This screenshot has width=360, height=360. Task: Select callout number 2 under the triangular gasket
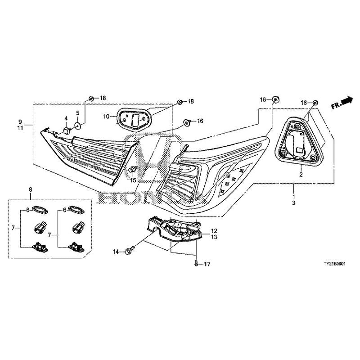[301, 174]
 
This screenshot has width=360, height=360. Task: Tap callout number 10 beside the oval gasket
[106, 116]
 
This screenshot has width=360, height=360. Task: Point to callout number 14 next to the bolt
[116, 252]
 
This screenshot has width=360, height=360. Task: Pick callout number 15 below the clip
[133, 180]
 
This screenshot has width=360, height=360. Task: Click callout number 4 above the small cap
[66, 119]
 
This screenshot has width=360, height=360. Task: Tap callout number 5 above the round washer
[77, 112]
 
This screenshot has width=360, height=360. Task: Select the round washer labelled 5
[77, 126]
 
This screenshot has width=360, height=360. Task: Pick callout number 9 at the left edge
[20, 121]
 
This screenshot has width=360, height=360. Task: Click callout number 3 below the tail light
[293, 203]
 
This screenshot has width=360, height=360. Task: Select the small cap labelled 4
[65, 130]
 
